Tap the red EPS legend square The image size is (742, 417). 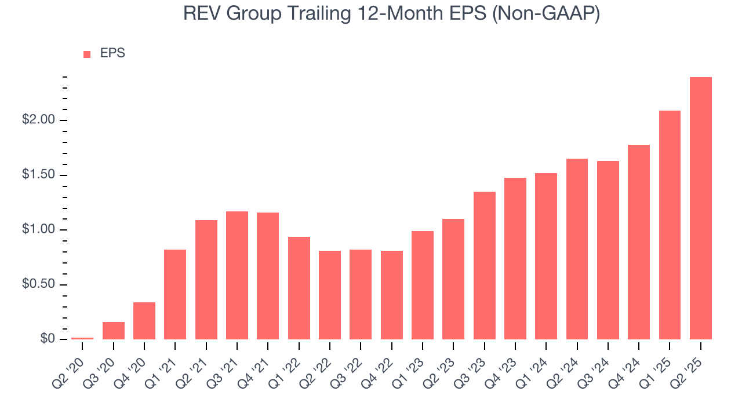coord(87,54)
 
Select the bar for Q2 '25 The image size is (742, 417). coord(700,208)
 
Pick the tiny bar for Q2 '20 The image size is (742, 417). coord(82,338)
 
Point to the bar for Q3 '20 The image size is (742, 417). coord(113,331)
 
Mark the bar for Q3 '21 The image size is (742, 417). coord(237,275)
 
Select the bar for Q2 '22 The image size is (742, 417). coord(330,295)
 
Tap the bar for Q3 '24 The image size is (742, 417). coord(608,250)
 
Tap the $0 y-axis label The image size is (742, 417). coord(48,339)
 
